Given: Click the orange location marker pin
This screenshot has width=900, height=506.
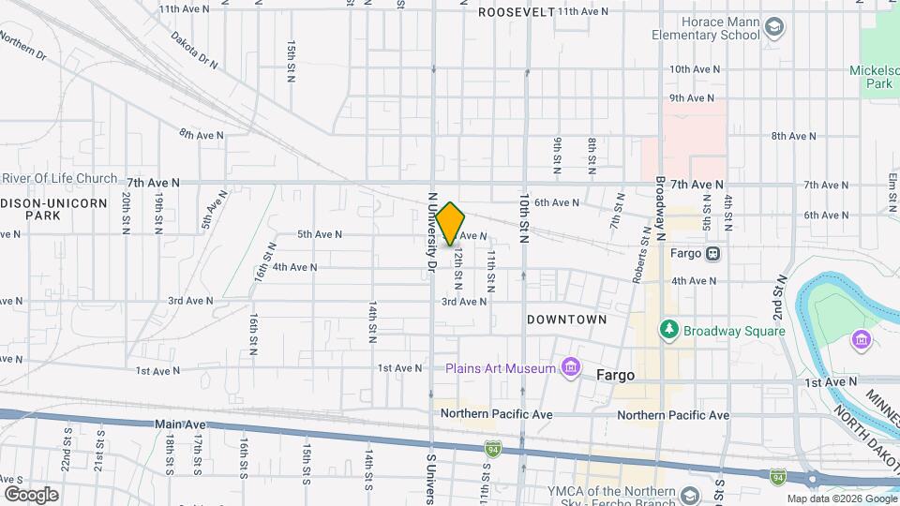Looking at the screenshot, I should click(x=450, y=223).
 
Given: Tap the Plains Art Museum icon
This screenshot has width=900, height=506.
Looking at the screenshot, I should click(x=569, y=368).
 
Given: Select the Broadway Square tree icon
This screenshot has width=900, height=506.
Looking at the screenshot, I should click(x=668, y=330).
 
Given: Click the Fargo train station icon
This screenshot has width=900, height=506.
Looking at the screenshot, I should click(x=712, y=253).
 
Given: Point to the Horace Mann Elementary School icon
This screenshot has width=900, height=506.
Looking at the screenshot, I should click(x=773, y=27).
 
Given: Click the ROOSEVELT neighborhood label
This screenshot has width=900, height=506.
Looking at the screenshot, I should click(x=517, y=12).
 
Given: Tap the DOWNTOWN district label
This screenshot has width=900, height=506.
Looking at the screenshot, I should click(x=566, y=320).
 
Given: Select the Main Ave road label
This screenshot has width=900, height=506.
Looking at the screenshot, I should click(x=180, y=424).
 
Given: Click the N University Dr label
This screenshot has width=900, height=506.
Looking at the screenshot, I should click(x=432, y=232).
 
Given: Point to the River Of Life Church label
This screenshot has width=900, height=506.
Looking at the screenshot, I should click(x=59, y=179).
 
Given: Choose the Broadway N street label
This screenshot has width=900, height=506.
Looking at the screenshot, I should click(x=661, y=200).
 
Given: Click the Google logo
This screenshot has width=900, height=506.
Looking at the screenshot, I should click(x=30, y=494).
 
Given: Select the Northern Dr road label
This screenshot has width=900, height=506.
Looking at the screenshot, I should click(x=22, y=45).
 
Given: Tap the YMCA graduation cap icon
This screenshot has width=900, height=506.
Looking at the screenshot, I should click(x=690, y=495).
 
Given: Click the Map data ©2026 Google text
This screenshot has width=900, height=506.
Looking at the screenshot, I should click(x=841, y=499).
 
